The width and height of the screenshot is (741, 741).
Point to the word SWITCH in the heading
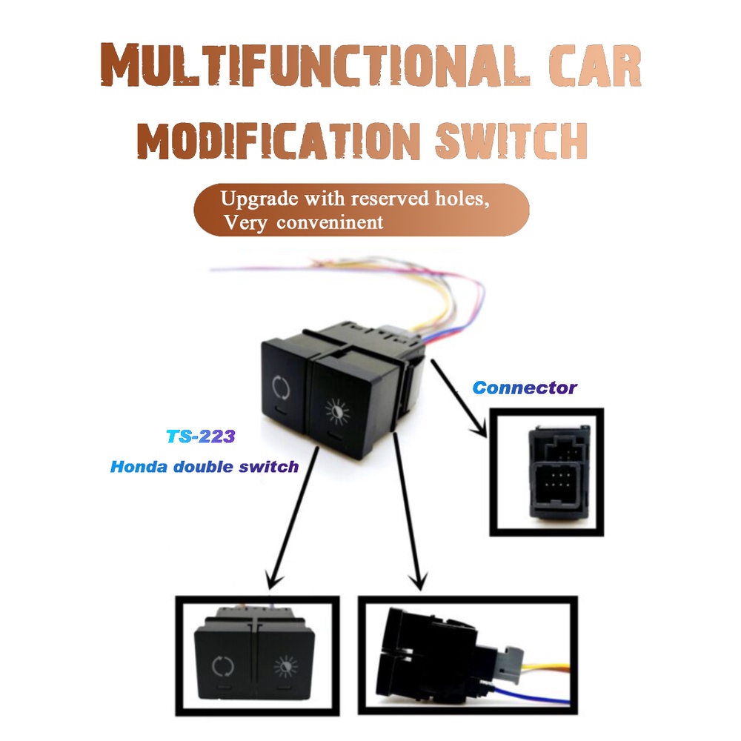(x=511, y=140)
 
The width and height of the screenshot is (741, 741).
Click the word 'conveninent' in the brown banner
(x=330, y=222)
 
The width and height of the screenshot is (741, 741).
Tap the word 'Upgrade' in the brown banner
(x=259, y=199)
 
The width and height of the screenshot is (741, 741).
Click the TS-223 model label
(x=200, y=436)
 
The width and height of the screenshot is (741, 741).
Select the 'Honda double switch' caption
(x=205, y=467)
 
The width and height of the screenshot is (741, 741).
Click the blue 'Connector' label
(x=525, y=388)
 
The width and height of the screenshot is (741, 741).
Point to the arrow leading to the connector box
(x=459, y=398)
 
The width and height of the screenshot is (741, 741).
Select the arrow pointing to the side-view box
(x=408, y=511)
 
